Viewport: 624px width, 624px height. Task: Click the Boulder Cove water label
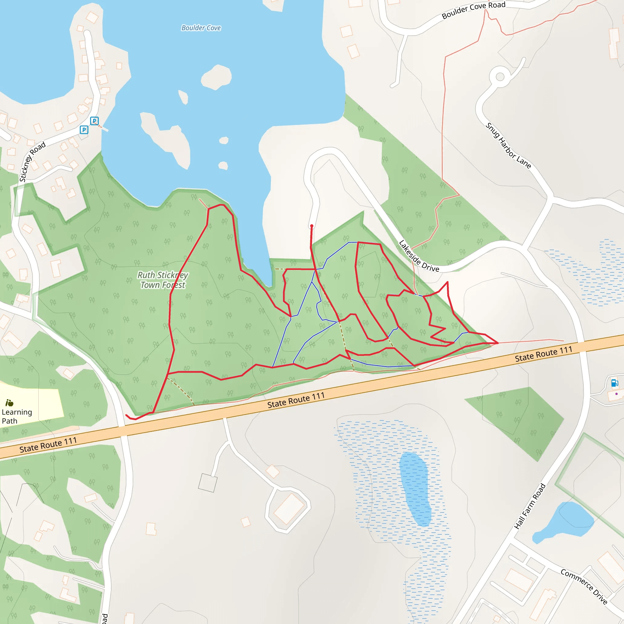point(201,28)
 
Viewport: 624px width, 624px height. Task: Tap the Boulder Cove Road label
point(473,10)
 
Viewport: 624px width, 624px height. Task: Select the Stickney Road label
point(32,161)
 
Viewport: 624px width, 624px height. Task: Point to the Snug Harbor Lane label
point(508,146)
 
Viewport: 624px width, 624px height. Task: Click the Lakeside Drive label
point(419,256)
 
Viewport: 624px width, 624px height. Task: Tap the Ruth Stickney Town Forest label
point(163,280)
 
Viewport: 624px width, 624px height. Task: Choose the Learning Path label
point(17,416)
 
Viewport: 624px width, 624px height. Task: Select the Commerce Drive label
point(584,586)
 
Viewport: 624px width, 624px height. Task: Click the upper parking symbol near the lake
point(94,121)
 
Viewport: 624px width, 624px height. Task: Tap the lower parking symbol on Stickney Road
point(84,130)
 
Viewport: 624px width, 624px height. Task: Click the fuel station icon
point(614,383)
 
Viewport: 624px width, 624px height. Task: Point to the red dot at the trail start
point(312,226)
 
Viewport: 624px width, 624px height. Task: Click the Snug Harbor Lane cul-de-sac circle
point(500,77)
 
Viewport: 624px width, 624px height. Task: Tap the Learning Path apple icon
point(9,403)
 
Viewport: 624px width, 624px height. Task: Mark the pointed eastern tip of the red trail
point(498,343)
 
